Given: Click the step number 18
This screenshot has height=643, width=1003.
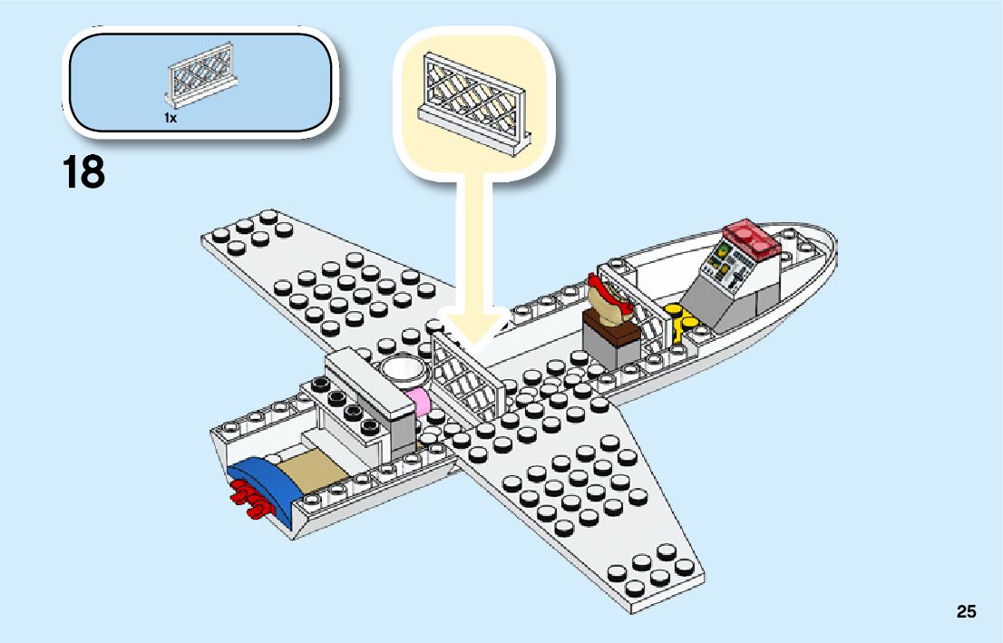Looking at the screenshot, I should [x=84, y=172].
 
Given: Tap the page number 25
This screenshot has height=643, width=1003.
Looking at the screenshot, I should [x=966, y=611].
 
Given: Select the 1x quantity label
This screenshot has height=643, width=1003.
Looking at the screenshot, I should [x=170, y=118].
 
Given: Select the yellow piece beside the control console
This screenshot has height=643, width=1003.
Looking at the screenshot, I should [x=683, y=317].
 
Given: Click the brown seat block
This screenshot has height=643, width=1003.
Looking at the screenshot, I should [x=614, y=327].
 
